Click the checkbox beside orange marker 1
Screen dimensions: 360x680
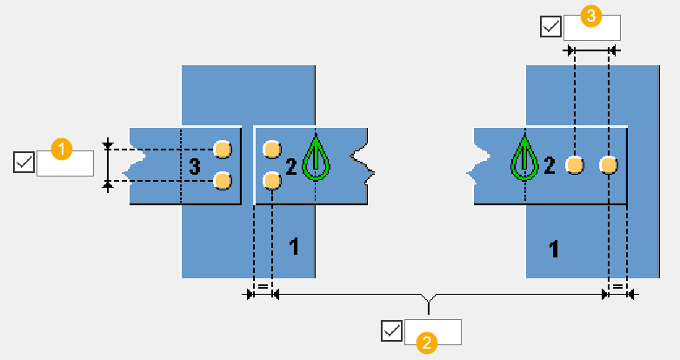(x=24, y=162)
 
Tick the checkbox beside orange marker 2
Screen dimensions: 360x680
(x=392, y=331)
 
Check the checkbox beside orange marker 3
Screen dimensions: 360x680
(x=551, y=27)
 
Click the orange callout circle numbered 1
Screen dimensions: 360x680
(x=61, y=149)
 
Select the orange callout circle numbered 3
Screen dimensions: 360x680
(x=590, y=16)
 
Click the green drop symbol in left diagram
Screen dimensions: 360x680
(x=316, y=160)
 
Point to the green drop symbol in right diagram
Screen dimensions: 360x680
(x=524, y=160)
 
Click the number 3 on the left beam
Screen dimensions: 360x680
(x=195, y=165)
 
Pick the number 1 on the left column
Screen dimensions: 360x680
(x=294, y=247)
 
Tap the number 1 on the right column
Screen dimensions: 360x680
(x=553, y=250)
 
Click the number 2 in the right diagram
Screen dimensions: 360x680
(x=550, y=165)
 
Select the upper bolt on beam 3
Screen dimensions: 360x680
(x=223, y=150)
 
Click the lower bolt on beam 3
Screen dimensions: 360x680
(x=223, y=180)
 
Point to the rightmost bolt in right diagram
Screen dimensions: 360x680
(x=609, y=164)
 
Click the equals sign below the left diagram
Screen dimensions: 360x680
(x=262, y=285)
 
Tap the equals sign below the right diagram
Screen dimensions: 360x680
(x=617, y=285)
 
